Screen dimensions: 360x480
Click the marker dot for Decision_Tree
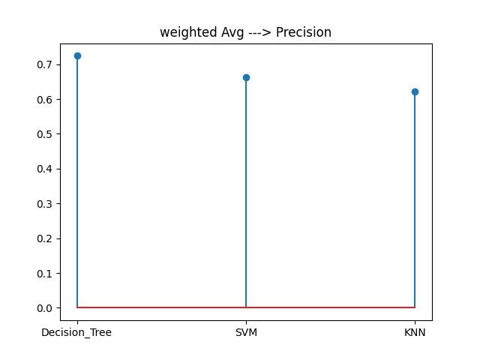[77, 55]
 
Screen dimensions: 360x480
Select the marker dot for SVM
[246, 77]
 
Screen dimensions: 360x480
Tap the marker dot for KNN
[415, 91]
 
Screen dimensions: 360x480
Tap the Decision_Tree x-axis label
[76, 332]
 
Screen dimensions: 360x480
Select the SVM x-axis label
[246, 332]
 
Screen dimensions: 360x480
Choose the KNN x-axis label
[415, 332]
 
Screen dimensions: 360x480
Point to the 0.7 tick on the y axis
[47, 64]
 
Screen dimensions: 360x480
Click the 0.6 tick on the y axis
[47, 100]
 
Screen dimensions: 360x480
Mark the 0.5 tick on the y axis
[47, 134]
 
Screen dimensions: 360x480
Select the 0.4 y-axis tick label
[47, 169]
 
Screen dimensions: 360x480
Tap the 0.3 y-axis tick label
[47, 204]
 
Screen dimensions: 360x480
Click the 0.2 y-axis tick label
[47, 238]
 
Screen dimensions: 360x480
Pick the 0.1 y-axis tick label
[47, 273]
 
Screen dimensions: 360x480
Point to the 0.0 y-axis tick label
[47, 308]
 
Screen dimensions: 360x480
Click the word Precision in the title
[303, 32]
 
